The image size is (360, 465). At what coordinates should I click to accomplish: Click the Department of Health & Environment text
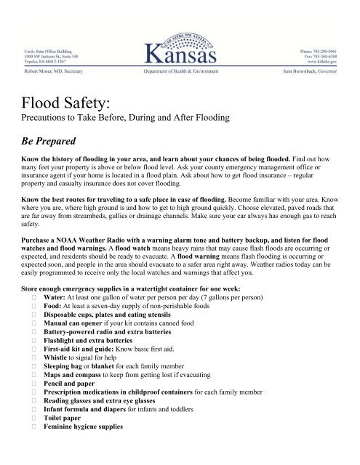coord(180,73)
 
